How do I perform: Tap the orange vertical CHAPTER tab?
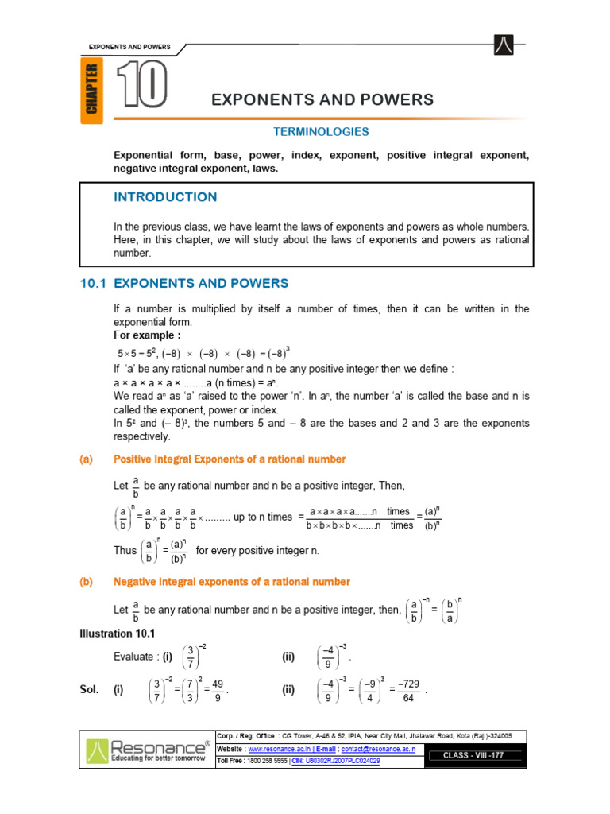[x=92, y=90]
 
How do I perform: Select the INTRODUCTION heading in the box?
[x=165, y=197]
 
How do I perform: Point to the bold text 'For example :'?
[x=147, y=335]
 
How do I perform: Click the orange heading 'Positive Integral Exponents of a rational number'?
[x=230, y=459]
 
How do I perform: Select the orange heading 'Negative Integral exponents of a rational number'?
[x=231, y=582]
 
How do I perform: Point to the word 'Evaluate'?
[x=135, y=657]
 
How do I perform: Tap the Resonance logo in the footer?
[x=148, y=750]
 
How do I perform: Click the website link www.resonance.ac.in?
[x=278, y=749]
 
